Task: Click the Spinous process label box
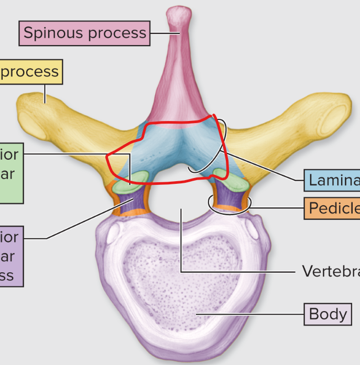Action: (x=84, y=33)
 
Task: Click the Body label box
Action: (x=328, y=314)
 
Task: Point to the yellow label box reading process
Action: (x=30, y=71)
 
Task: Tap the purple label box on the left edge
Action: (x=10, y=257)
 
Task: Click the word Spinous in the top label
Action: (x=50, y=33)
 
